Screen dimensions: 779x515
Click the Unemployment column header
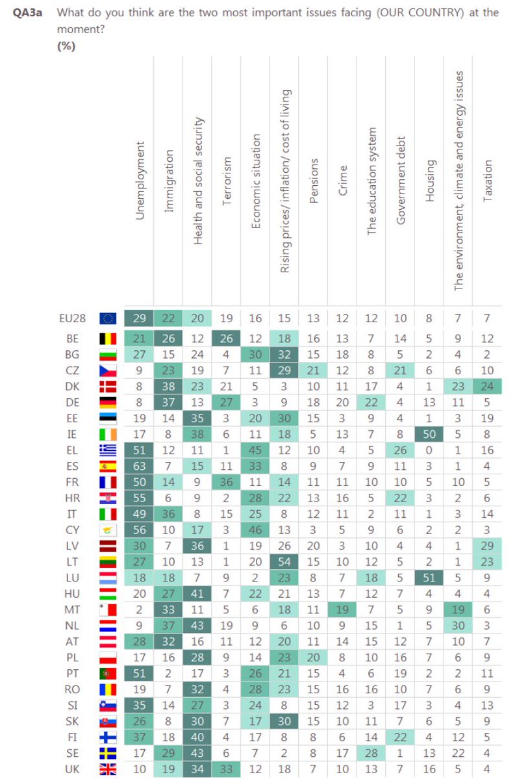point(140,180)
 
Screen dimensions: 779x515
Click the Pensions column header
point(314,181)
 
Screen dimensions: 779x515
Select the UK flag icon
point(108,769)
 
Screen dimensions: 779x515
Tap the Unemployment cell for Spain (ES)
point(139,466)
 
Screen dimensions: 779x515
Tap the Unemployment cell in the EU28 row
point(139,318)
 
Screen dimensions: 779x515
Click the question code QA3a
point(27,13)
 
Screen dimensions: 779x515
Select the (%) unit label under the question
point(66,45)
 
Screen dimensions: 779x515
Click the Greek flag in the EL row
point(108,450)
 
